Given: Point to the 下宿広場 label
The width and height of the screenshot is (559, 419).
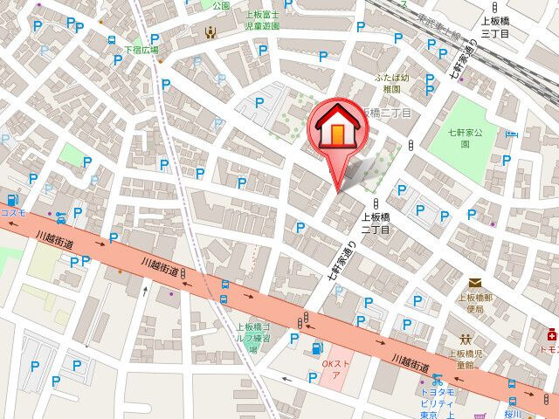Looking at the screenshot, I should [x=141, y=50].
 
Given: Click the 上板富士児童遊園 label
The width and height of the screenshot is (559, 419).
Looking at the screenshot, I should [x=261, y=20].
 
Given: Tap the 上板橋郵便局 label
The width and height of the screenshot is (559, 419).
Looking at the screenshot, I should [x=476, y=303].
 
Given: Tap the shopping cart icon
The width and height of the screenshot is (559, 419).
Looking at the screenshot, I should [x=478, y=416].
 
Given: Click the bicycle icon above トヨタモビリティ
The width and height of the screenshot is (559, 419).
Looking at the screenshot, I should [x=437, y=381].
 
